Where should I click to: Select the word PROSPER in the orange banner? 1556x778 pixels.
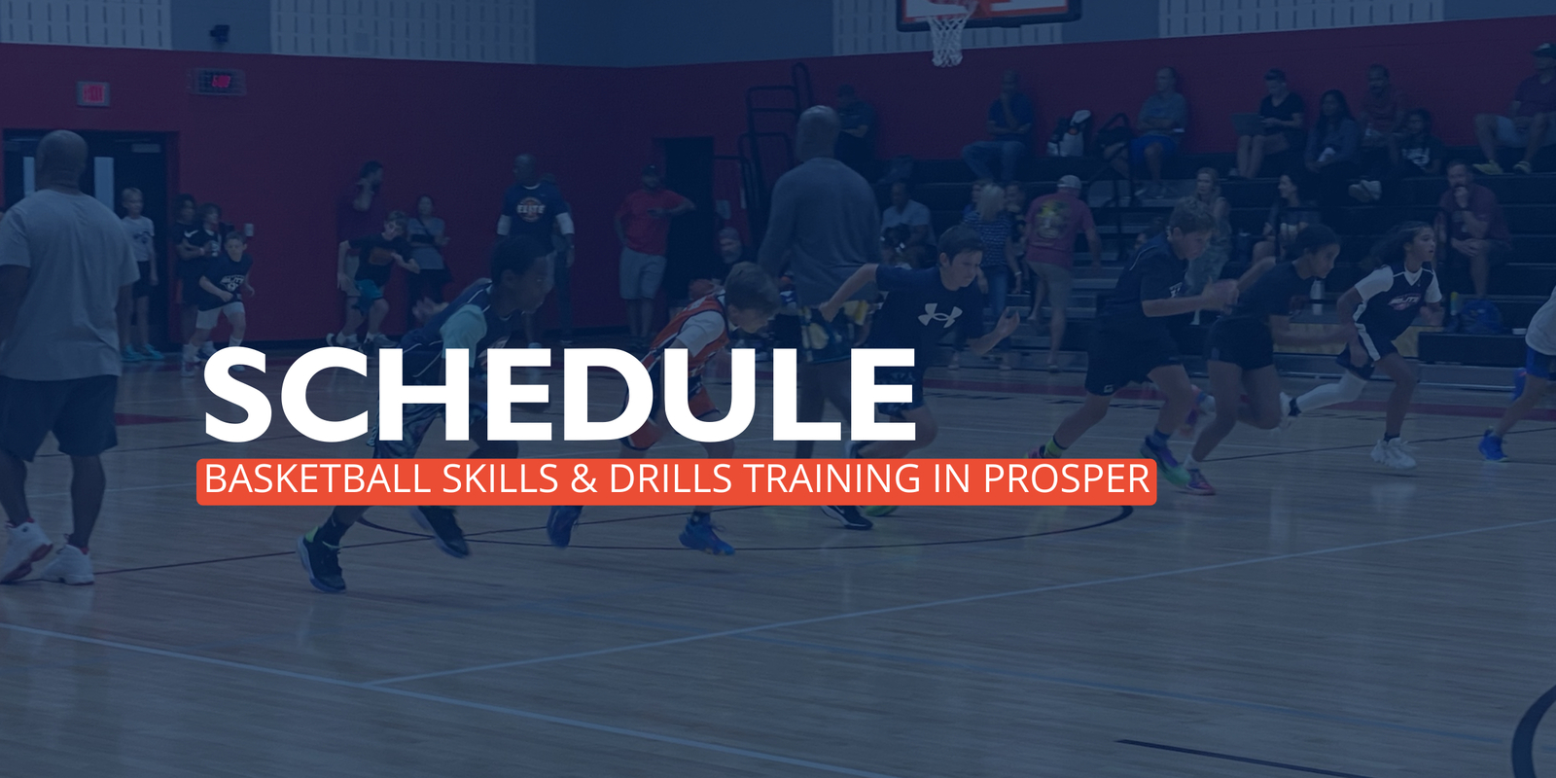1067,478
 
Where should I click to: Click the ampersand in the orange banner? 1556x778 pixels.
584,478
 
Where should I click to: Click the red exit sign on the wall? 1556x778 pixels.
93,93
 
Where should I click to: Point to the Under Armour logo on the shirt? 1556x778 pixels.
939,315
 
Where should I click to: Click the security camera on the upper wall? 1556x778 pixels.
220,32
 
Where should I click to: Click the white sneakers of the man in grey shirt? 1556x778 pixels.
48,554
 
